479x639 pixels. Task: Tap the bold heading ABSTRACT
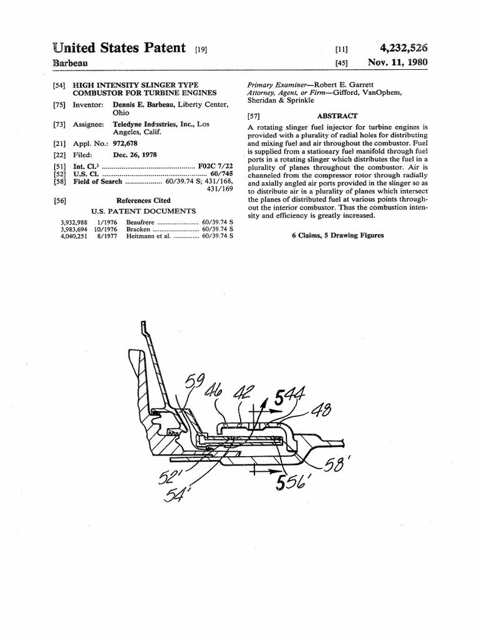(x=337, y=115)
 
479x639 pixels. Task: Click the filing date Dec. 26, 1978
(x=135, y=155)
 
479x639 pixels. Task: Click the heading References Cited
(x=143, y=201)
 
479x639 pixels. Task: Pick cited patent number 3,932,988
(x=74, y=222)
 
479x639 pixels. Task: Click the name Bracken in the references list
(x=138, y=229)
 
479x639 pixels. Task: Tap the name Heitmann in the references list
(x=142, y=236)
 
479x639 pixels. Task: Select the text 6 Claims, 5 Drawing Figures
(x=337, y=235)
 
